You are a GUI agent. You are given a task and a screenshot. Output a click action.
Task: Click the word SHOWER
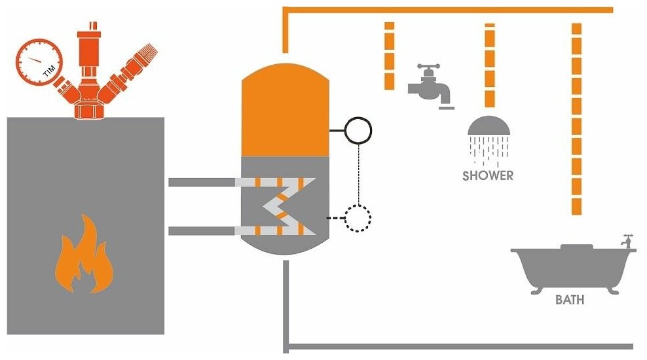[488, 175]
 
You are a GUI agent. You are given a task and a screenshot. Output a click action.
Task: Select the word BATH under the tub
[570, 300]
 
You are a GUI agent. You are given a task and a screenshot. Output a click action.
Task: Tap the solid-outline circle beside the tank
[358, 130]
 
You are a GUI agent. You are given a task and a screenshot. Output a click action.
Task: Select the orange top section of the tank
[285, 111]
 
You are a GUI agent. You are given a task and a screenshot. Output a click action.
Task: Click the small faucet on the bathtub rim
[627, 241]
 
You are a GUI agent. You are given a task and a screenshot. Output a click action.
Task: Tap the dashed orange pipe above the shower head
[489, 65]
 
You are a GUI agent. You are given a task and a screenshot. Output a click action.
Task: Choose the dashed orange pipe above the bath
[576, 118]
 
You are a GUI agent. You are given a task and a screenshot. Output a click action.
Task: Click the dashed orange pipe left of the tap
[389, 56]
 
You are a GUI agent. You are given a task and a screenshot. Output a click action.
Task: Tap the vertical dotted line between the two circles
[358, 173]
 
